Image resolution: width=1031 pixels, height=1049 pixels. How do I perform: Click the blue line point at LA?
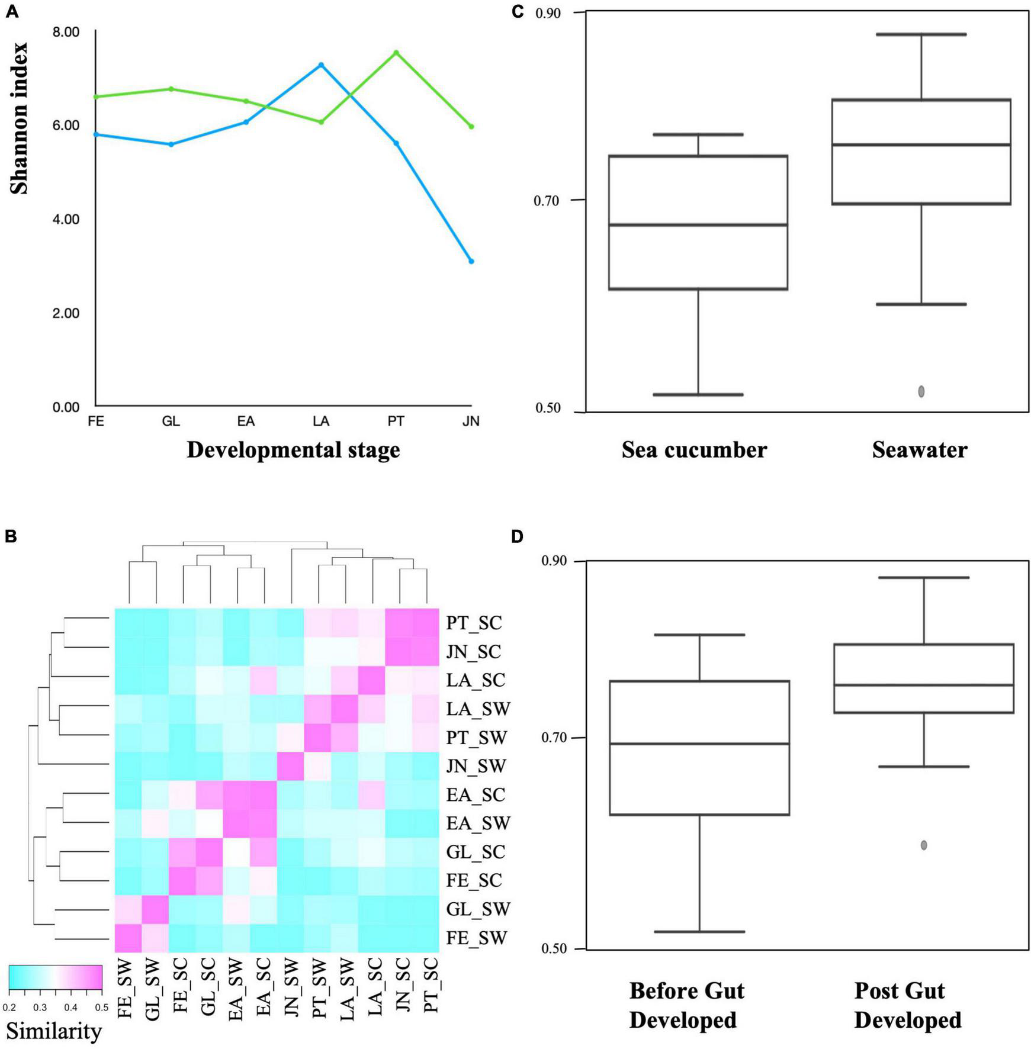coord(321,65)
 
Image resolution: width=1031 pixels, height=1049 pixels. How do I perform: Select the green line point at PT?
coord(396,53)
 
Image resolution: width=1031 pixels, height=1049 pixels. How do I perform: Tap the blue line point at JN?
coord(471,261)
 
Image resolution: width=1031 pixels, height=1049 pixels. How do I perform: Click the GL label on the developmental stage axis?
coord(171,421)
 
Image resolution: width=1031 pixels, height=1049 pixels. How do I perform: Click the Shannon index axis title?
coord(19,118)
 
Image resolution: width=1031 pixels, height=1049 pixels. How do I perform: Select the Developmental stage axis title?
coord(293,450)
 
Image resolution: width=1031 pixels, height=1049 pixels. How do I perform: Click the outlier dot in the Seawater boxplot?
coord(921,391)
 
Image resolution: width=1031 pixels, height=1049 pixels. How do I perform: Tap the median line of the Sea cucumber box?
coord(698,225)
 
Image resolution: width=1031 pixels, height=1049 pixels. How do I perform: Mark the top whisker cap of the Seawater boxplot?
coord(921,34)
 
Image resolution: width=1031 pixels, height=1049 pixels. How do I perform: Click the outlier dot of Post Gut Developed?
coord(924,845)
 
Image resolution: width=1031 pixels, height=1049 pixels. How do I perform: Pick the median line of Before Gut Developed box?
coord(699,744)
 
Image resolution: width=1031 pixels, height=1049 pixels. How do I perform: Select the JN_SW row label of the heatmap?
coord(476,767)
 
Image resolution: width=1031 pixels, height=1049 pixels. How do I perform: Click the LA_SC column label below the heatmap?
coord(375,984)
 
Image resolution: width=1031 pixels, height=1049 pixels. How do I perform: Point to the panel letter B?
coord(11,537)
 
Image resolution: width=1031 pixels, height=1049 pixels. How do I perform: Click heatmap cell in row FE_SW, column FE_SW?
coord(127,938)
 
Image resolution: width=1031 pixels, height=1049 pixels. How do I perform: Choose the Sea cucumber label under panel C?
coord(694,450)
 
